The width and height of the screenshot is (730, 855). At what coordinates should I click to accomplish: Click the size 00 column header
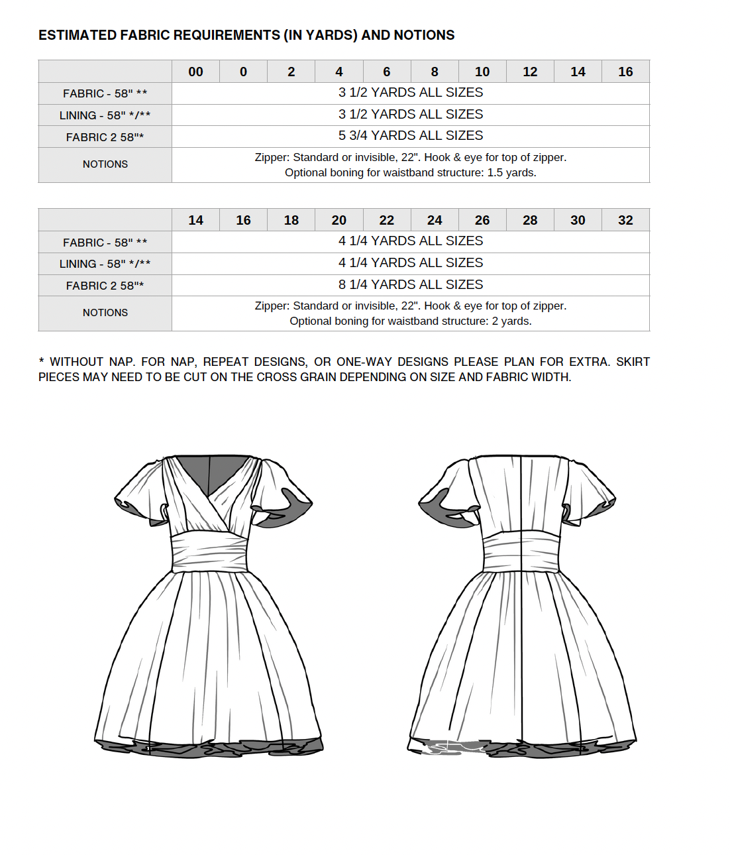[x=195, y=72]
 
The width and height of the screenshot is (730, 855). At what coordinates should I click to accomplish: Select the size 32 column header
[x=625, y=220]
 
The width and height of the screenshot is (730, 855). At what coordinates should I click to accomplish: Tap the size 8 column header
[x=435, y=72]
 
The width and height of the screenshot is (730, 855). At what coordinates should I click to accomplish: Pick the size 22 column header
[x=387, y=220]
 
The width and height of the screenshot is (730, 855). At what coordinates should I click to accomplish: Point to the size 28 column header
[x=530, y=220]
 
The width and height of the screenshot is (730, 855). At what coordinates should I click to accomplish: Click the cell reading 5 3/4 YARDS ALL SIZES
[x=411, y=136]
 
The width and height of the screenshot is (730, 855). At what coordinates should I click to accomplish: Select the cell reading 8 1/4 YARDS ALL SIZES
[x=411, y=285]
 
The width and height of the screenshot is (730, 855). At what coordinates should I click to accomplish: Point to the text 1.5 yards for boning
[x=511, y=173]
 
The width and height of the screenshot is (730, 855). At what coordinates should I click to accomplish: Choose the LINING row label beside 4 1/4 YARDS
[x=105, y=264]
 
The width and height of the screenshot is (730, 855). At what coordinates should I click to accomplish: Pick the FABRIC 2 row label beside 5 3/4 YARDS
[x=105, y=137]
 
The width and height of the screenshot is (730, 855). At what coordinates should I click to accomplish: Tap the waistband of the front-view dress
[x=209, y=551]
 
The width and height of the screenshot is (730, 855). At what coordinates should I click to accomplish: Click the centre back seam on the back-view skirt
[x=522, y=656]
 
